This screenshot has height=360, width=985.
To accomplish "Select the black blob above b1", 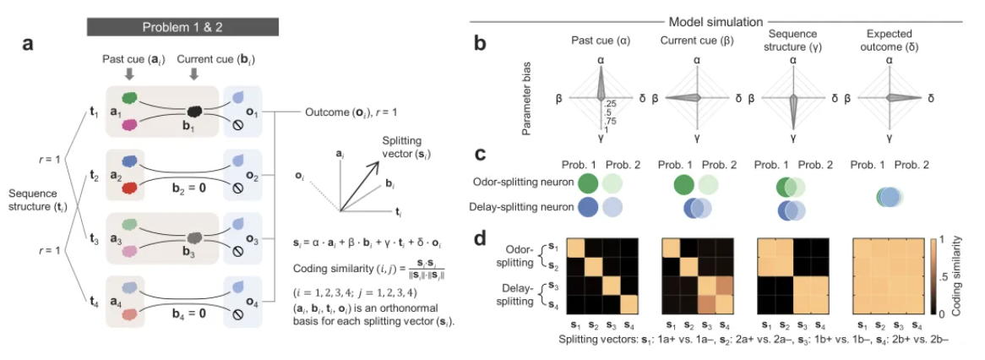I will (x=195, y=110).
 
